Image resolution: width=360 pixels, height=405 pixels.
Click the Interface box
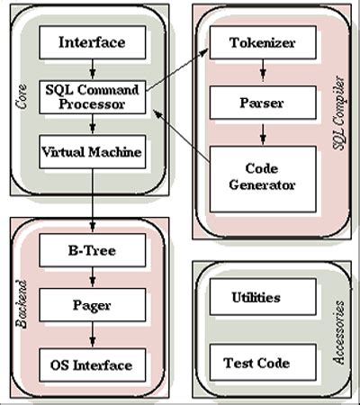[92, 42]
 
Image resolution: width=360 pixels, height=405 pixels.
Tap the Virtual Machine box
[92, 152]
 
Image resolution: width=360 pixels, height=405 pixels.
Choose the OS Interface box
[92, 364]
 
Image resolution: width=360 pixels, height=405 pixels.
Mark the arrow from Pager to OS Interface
[92, 336]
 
